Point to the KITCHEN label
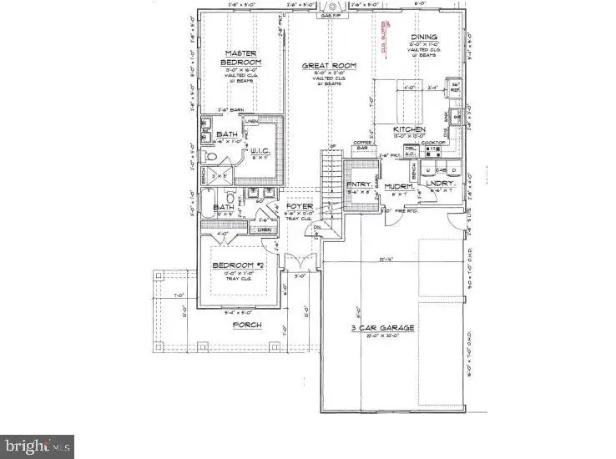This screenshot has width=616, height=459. [410, 129]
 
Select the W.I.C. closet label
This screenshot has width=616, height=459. [260, 151]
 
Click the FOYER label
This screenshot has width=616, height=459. [299, 206]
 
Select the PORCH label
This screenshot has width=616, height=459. [247, 325]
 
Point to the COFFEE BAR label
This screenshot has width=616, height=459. [361, 145]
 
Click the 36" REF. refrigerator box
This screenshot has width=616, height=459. [456, 87]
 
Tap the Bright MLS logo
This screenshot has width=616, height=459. [38, 446]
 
